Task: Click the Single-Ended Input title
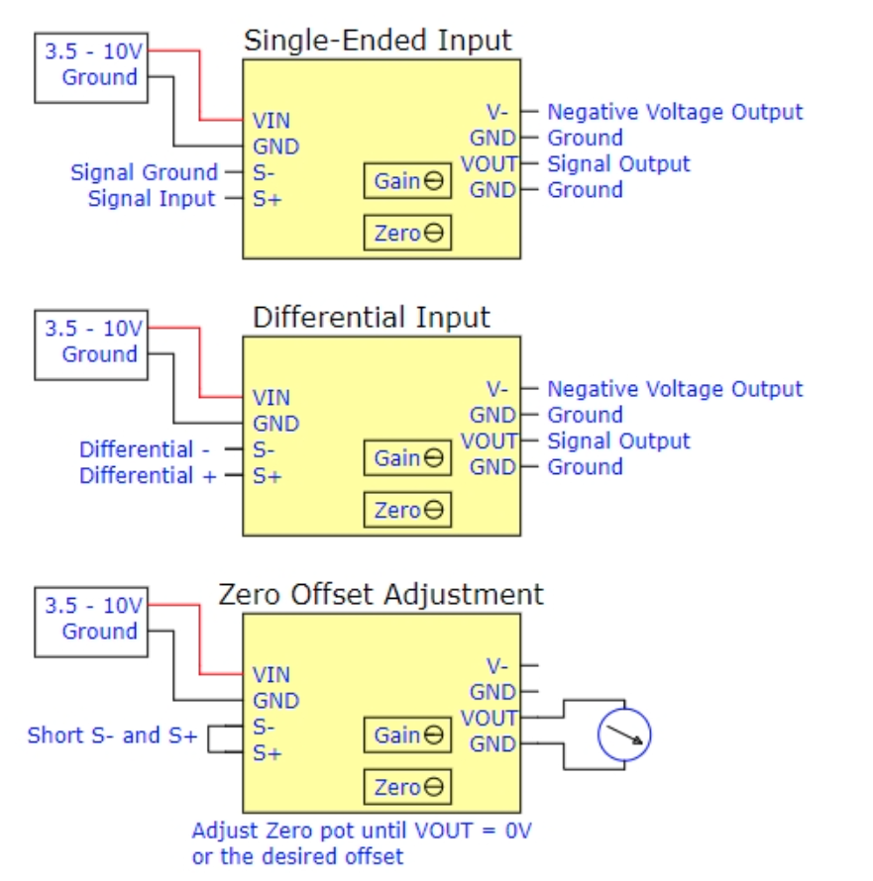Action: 378,41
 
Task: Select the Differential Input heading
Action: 372,318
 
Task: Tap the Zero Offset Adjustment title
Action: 381,594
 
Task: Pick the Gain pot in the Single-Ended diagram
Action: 407,182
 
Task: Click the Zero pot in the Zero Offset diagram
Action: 407,788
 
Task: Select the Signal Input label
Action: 152,199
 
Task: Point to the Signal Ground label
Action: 144,172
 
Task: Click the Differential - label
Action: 145,449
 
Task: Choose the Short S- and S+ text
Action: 112,735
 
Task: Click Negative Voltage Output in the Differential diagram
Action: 675,389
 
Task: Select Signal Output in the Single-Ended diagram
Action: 618,163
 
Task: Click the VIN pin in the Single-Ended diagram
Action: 272,121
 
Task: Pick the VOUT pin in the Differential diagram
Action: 490,440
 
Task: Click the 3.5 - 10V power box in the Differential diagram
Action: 90,343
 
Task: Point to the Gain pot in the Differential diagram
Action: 407,458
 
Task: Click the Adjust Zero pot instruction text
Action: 362,842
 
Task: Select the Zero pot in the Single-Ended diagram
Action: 407,235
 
